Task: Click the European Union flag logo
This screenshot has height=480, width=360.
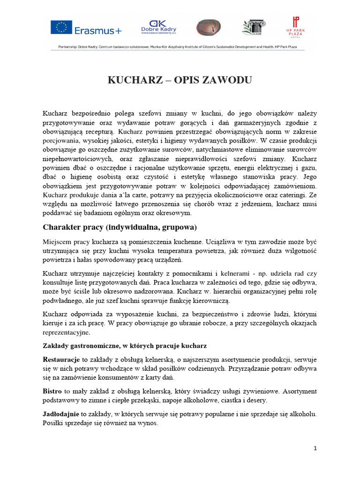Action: pos(61,28)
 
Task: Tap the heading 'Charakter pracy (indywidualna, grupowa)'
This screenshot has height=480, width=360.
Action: pos(120,227)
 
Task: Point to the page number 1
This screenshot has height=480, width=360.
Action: pos(315,448)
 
